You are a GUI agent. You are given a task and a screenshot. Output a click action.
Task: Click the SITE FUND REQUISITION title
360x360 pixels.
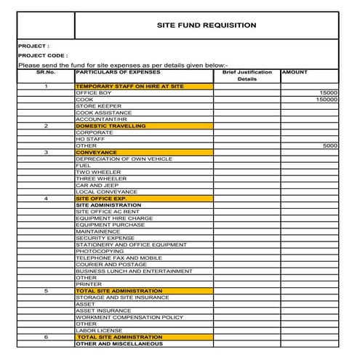207,25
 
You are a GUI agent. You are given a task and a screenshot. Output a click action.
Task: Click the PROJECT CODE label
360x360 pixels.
42,55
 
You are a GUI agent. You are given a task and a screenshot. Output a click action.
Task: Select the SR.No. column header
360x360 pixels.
46,73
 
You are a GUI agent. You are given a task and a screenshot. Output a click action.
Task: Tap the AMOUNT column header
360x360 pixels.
295,73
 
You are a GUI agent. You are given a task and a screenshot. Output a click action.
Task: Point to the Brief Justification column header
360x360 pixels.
247,73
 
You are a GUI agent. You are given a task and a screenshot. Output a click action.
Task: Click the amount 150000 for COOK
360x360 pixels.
327,100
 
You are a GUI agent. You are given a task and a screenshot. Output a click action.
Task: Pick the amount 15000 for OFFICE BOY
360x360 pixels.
329,93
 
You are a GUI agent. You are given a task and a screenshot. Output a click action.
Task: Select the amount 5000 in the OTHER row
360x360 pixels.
330,146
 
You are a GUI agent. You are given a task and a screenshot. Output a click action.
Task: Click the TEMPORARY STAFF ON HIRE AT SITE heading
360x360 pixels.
130,87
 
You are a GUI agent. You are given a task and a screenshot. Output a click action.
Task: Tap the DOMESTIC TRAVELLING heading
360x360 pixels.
111,126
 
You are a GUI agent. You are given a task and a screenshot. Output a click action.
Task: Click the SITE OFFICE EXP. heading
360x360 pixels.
101,199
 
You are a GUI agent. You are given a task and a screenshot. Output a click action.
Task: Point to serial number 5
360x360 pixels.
46,291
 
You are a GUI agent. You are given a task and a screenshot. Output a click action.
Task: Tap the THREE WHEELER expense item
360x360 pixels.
101,179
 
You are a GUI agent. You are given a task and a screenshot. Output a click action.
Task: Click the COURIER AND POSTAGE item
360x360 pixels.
111,264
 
